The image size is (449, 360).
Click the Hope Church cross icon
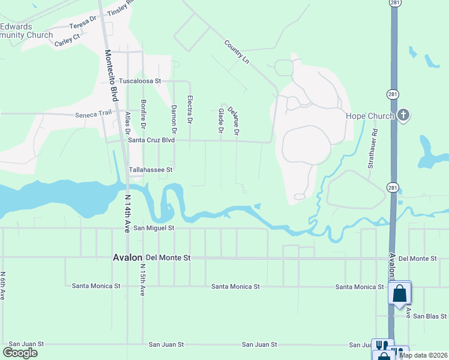pos(404,115)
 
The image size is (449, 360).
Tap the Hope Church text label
pos(370,116)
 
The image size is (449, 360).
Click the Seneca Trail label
pos(93,115)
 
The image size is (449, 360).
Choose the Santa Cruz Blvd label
pos(151,140)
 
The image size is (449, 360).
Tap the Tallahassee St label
pos(151,170)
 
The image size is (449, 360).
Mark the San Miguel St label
pos(153,228)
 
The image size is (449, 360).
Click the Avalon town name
pos(126,257)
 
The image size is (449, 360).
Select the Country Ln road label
pos(237,52)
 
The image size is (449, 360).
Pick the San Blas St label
pos(430,316)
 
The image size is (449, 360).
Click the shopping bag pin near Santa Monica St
pos(399,294)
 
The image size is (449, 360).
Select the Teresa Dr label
pos(82,23)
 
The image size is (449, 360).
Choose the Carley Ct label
pos(67,40)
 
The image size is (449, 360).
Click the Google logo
pos(20,353)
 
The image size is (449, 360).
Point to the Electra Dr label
pos(190,109)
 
